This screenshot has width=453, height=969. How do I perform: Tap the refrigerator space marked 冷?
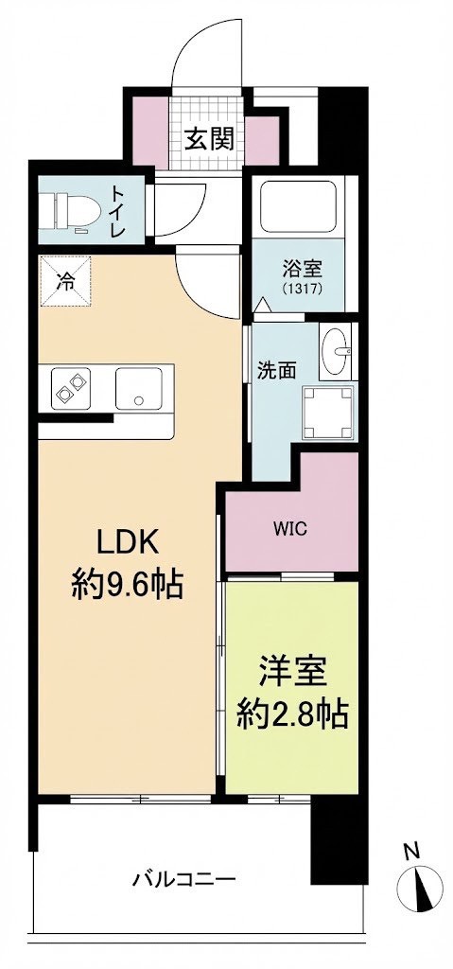65,280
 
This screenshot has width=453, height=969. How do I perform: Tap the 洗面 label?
278,370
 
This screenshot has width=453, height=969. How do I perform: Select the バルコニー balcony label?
183,880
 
